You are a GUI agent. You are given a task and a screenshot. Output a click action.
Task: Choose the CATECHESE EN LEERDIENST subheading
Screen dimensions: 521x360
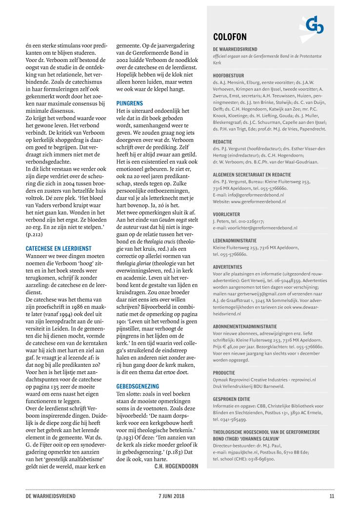click(58, 248)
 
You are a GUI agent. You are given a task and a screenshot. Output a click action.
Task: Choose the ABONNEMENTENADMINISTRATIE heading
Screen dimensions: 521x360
click(245, 326)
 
